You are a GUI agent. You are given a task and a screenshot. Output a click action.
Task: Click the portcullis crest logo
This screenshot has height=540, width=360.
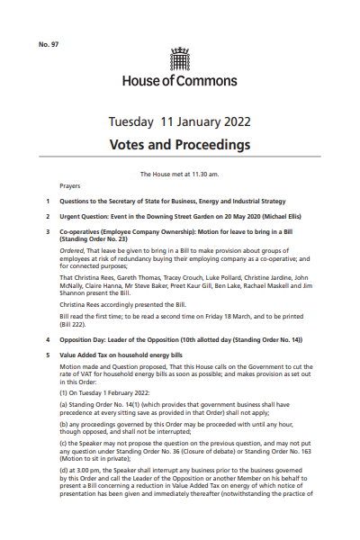[180, 59]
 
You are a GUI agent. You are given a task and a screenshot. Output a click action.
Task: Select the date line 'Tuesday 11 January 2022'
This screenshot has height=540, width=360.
[180, 121]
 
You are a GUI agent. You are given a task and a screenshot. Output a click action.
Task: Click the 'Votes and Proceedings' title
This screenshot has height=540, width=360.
[180, 144]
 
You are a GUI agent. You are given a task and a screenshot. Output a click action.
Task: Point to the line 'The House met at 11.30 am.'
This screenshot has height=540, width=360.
[180, 173]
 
